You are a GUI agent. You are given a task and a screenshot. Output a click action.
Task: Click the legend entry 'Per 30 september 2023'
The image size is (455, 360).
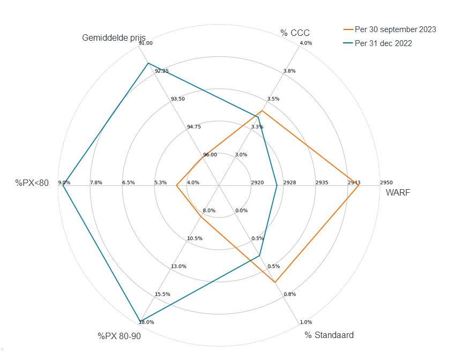(x=395, y=29)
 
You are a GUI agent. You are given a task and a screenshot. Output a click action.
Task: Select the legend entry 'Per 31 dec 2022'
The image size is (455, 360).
(x=383, y=43)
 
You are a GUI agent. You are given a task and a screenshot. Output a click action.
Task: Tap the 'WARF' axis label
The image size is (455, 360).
(x=398, y=193)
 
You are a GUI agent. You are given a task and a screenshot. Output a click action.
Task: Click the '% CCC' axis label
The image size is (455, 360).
(x=295, y=33)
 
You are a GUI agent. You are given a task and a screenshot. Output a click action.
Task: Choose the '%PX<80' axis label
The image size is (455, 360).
(x=32, y=183)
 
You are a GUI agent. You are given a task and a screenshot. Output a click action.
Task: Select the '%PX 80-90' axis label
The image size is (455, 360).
(x=119, y=336)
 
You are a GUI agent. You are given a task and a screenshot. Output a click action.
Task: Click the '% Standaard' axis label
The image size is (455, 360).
(x=329, y=335)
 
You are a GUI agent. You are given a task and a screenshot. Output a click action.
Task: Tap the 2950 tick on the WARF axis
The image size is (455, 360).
(x=386, y=183)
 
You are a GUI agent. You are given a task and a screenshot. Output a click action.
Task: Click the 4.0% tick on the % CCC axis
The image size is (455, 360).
(x=305, y=43)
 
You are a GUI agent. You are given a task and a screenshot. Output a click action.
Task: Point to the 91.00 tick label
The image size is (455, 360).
(x=145, y=43)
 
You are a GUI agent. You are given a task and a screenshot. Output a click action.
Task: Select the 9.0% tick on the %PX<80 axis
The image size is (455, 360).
(x=64, y=183)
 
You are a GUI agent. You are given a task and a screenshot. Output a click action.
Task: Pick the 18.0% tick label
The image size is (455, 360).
(x=146, y=322)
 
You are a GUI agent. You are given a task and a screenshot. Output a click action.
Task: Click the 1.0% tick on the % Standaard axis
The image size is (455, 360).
(x=306, y=322)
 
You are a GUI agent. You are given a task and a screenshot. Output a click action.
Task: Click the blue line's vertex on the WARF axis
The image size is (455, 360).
(x=277, y=185)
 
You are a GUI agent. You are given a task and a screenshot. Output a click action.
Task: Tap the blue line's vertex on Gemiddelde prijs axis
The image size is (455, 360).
(x=148, y=63)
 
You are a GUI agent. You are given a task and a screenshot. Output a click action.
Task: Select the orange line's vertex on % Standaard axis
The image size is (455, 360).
(x=274, y=282)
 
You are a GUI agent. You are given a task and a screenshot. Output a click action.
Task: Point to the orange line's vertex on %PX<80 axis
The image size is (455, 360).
(x=176, y=185)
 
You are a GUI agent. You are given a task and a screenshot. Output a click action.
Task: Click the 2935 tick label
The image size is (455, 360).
(x=322, y=183)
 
